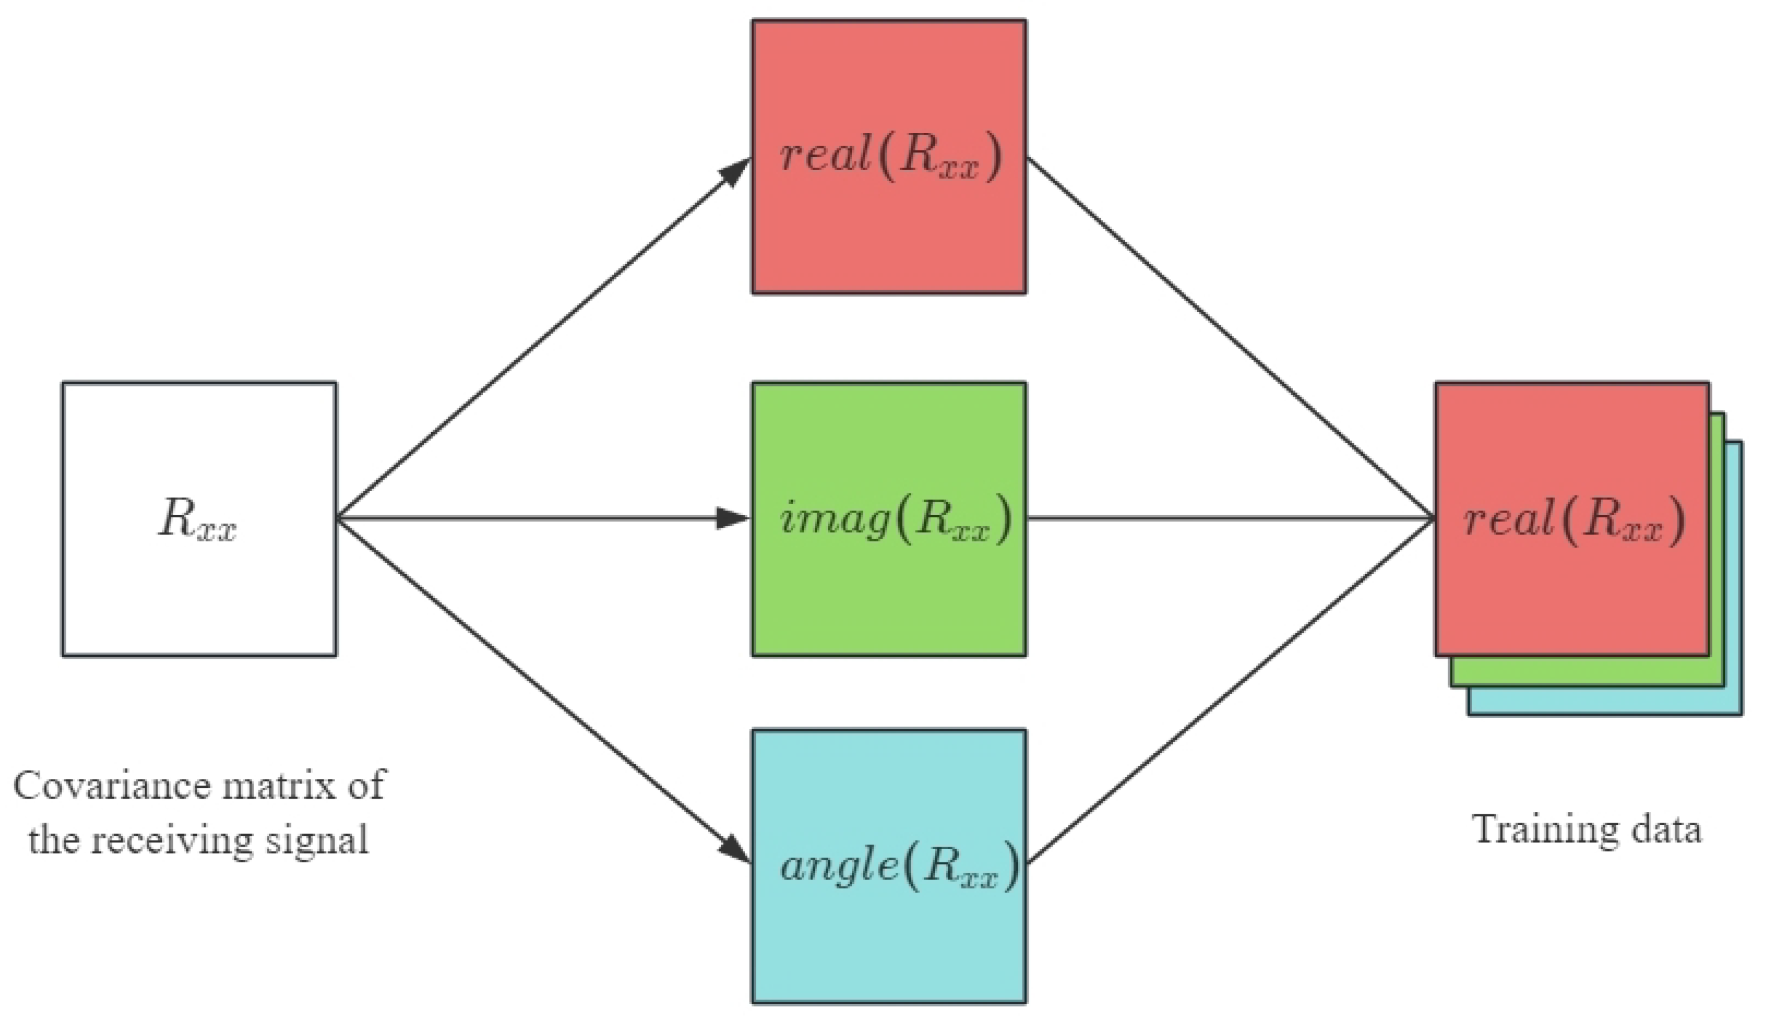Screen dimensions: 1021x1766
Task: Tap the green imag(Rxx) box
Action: [x=889, y=596]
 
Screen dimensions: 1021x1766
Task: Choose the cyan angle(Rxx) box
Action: [x=889, y=939]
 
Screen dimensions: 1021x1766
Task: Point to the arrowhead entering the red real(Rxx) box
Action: [x=736, y=171]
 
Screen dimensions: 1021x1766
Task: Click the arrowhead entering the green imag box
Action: [x=733, y=519]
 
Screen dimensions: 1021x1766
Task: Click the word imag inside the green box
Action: [x=834, y=519]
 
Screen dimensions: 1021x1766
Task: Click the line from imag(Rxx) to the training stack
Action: [x=1226, y=519]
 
